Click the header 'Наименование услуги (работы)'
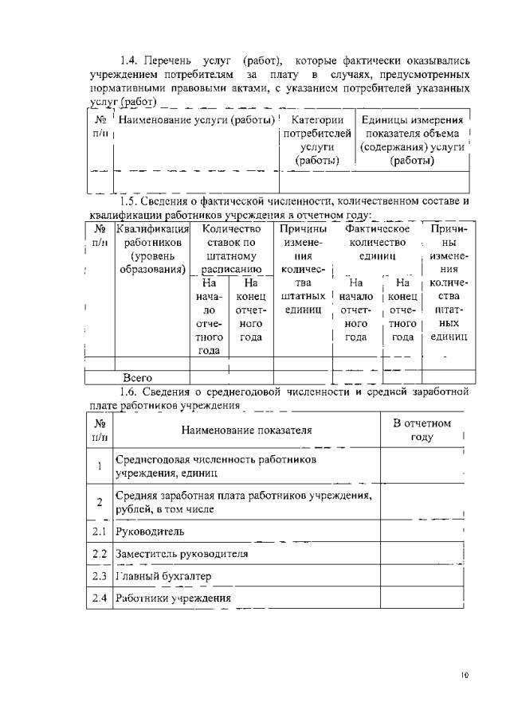tap(197, 120)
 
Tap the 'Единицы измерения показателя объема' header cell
tap(412, 140)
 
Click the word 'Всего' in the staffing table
tap(137, 377)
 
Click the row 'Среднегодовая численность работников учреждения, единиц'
tap(215, 466)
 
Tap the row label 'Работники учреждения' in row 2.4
tap(173, 598)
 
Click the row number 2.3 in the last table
tap(100, 575)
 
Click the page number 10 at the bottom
tap(465, 676)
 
